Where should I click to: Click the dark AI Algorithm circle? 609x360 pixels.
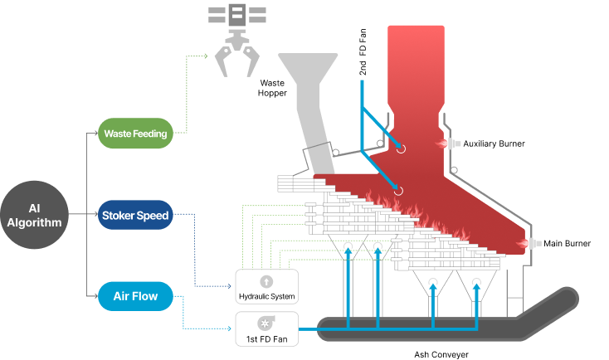[x=34, y=215]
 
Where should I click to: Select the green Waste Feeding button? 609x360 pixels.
[x=135, y=134]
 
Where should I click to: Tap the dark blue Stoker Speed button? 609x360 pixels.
[x=135, y=215]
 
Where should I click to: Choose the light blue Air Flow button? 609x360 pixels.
[x=135, y=296]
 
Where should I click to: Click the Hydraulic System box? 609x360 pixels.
[x=267, y=287]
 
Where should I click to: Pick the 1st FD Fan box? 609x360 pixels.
[x=267, y=329]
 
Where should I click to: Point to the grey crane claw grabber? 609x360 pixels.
[x=237, y=41]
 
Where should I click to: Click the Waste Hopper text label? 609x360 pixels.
[x=272, y=88]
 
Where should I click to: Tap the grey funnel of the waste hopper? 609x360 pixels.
[x=308, y=113]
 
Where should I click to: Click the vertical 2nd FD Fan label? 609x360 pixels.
[x=363, y=51]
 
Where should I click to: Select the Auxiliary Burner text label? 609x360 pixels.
[x=494, y=144]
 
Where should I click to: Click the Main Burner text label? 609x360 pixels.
[x=567, y=244]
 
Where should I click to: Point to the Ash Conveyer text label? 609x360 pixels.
[x=441, y=354]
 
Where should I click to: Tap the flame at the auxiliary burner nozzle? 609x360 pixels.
[x=441, y=144]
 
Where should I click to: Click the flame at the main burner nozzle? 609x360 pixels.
[x=522, y=244]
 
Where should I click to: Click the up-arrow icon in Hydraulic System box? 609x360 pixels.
[x=266, y=281]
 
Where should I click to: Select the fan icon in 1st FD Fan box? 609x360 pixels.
[x=266, y=324]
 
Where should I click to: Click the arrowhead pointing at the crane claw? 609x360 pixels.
[x=206, y=56]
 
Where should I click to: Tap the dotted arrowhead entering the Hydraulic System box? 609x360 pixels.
[x=229, y=287]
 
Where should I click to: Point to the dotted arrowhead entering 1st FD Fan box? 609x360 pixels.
[x=229, y=329]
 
